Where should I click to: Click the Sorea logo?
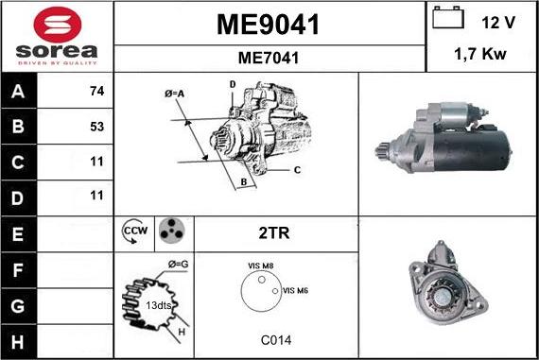(x=57, y=35)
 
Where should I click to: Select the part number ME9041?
(x=269, y=24)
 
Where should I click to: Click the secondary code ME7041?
(x=269, y=58)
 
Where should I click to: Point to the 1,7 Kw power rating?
(x=481, y=56)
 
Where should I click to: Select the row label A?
(x=19, y=93)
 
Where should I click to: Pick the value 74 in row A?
(x=96, y=93)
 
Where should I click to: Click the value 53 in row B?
(x=96, y=126)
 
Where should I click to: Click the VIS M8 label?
(x=260, y=267)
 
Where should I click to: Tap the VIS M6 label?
(x=295, y=290)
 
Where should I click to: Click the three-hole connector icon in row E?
(x=170, y=231)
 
